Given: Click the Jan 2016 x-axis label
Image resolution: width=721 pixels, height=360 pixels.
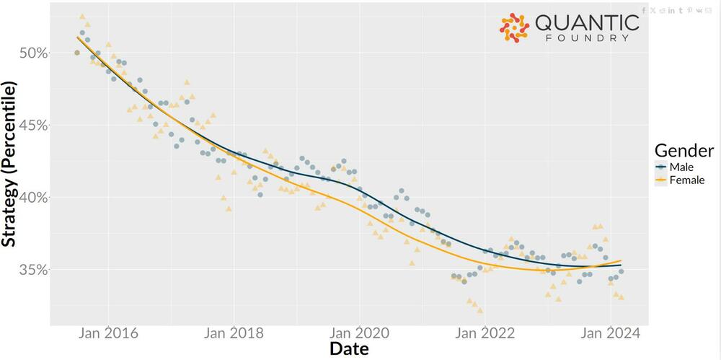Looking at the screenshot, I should tap(108, 333).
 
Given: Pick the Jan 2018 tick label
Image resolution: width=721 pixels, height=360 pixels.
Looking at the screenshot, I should tap(234, 333).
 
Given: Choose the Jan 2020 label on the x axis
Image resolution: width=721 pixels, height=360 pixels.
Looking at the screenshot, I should tap(359, 333).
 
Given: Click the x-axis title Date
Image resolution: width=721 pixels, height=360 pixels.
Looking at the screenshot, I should tap(349, 350).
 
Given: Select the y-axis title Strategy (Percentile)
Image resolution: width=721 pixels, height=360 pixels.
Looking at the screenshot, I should tap(9, 164).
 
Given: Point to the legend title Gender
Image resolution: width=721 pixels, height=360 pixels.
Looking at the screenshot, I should tap(684, 150).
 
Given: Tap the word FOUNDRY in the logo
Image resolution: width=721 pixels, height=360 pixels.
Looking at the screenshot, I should tap(588, 38).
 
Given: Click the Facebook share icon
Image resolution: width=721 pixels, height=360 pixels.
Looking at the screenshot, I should tap(645, 10).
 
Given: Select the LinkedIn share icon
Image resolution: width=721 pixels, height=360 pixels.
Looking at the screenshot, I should tap(671, 10).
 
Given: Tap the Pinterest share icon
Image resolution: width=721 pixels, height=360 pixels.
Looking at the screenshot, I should tap(690, 10).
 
